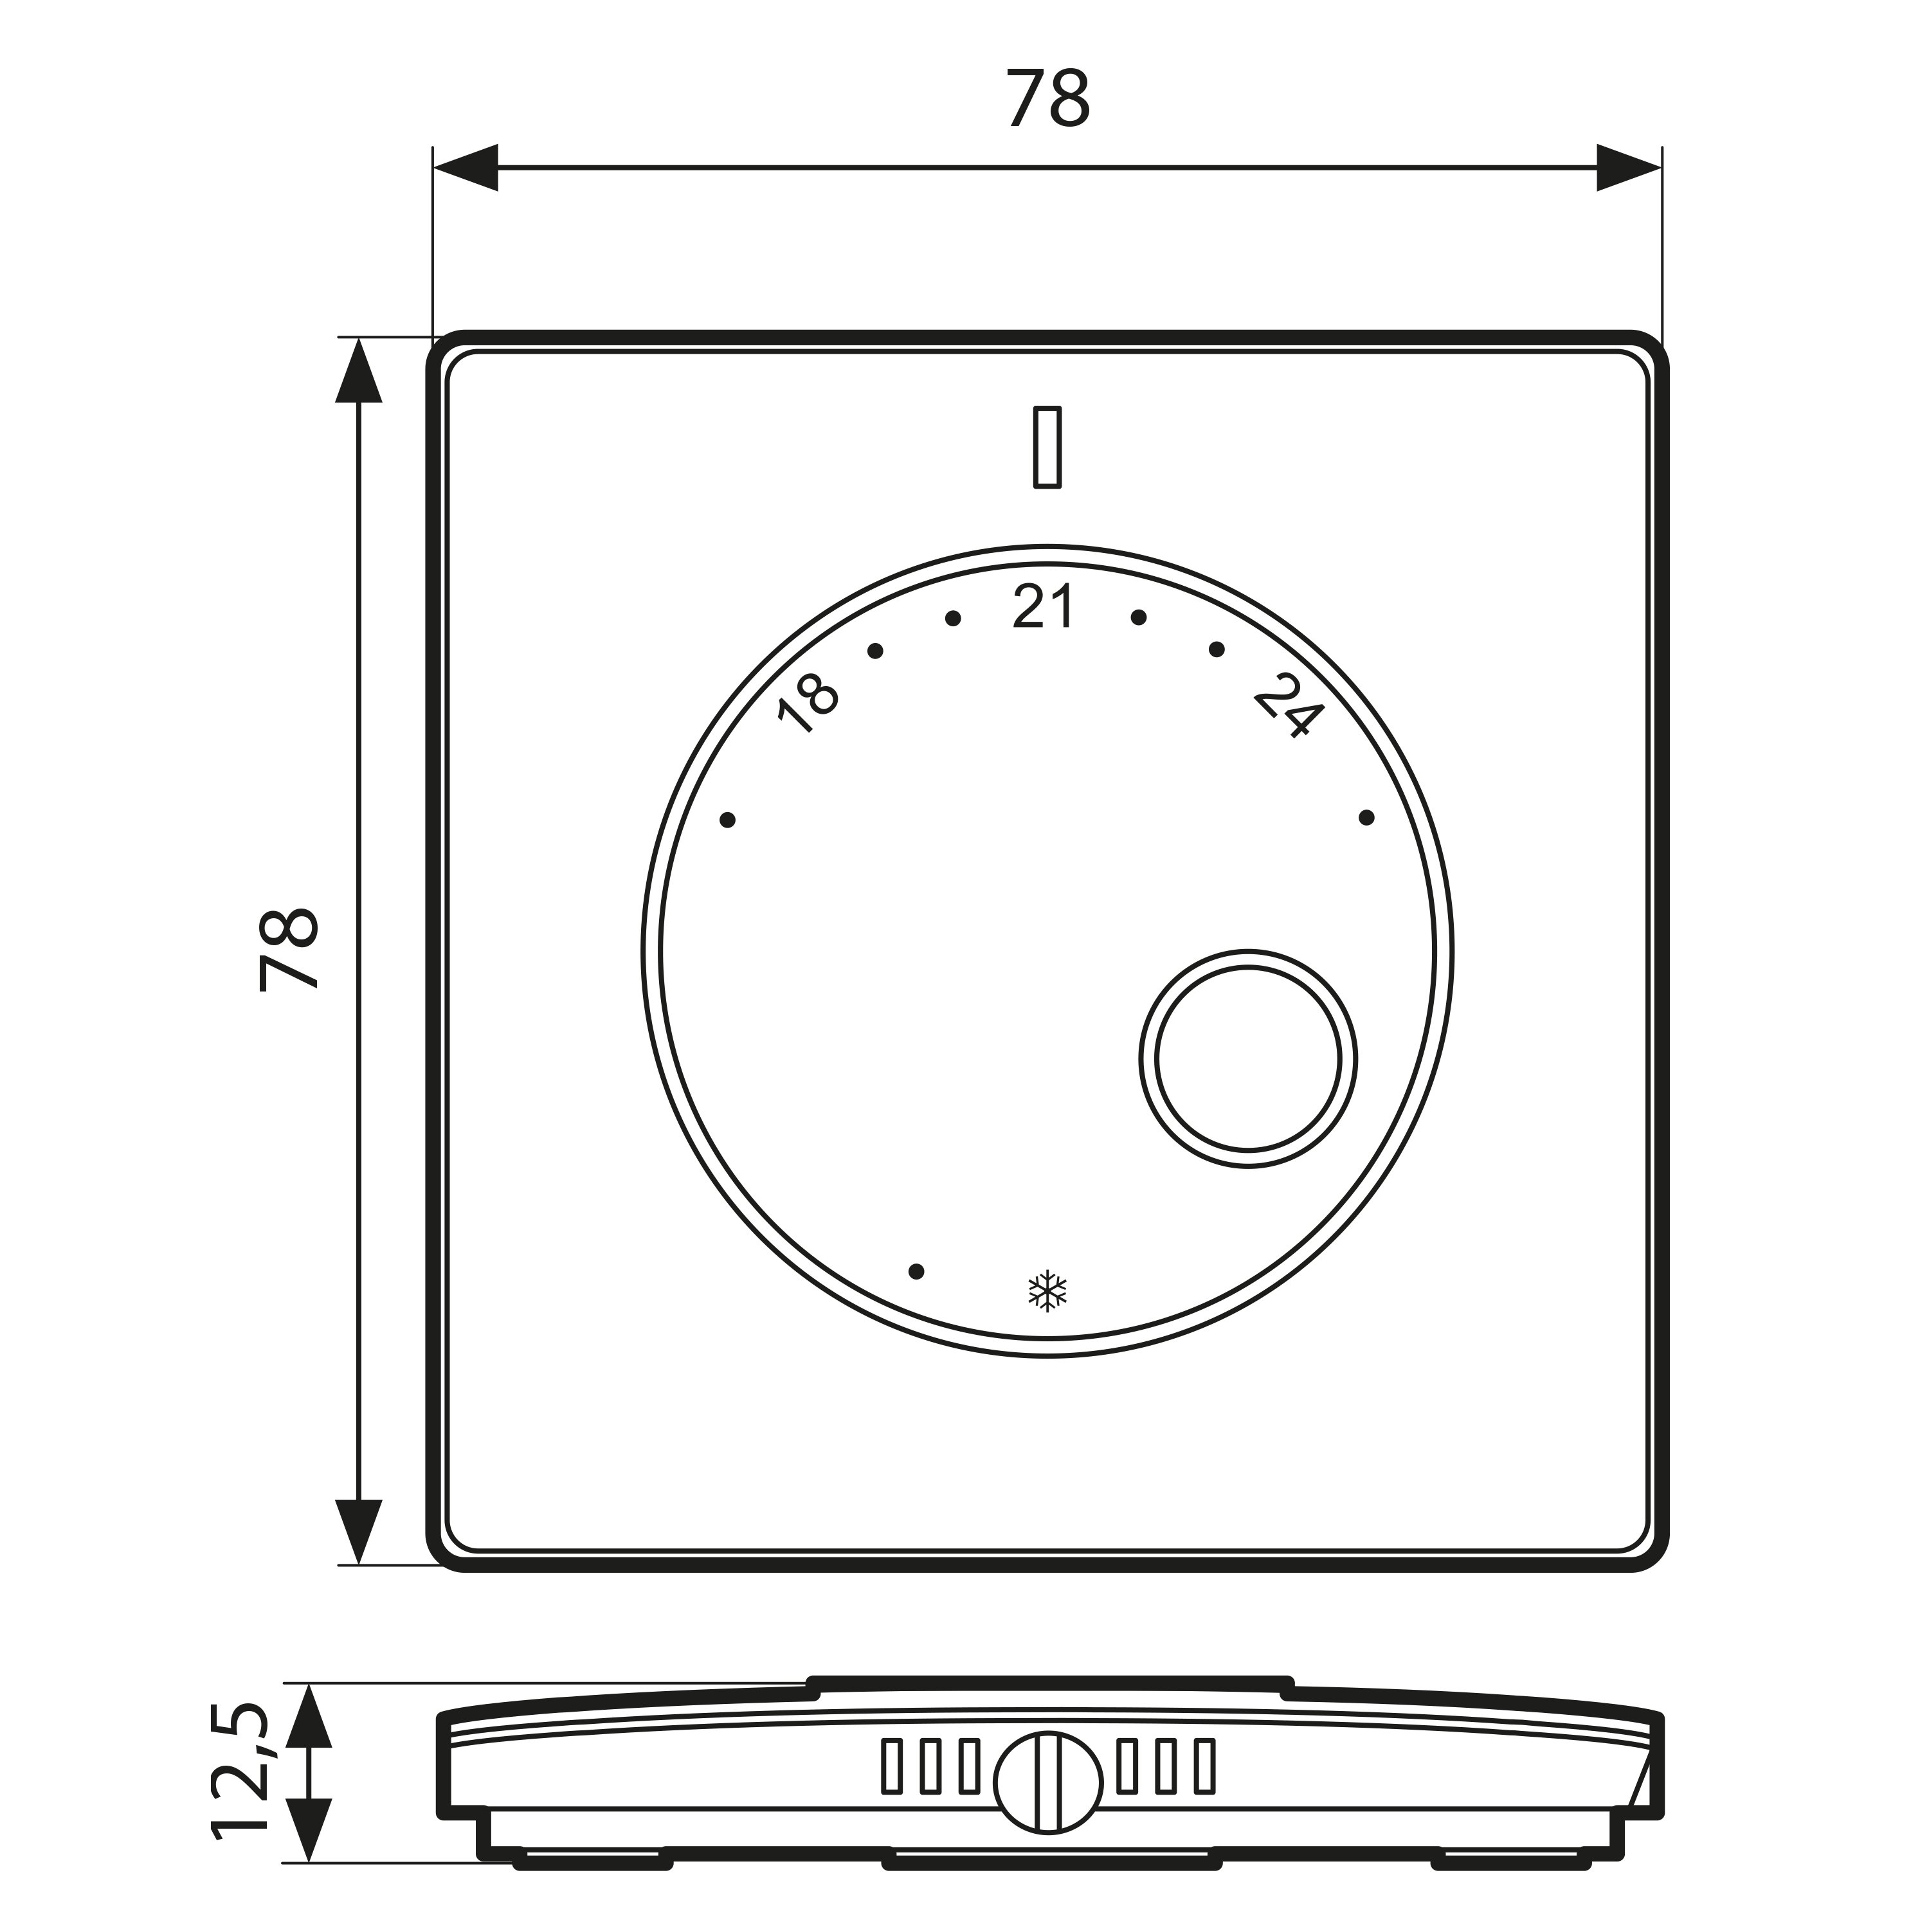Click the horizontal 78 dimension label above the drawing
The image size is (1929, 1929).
pyautogui.click(x=1047, y=99)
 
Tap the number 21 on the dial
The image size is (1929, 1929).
pyautogui.click(x=1044, y=606)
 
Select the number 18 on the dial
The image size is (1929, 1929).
pyautogui.click(x=808, y=705)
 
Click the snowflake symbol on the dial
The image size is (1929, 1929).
pyautogui.click(x=1047, y=1291)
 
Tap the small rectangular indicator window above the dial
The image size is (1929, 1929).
pyautogui.click(x=1047, y=446)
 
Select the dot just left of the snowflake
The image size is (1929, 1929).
pyautogui.click(x=916, y=1272)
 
